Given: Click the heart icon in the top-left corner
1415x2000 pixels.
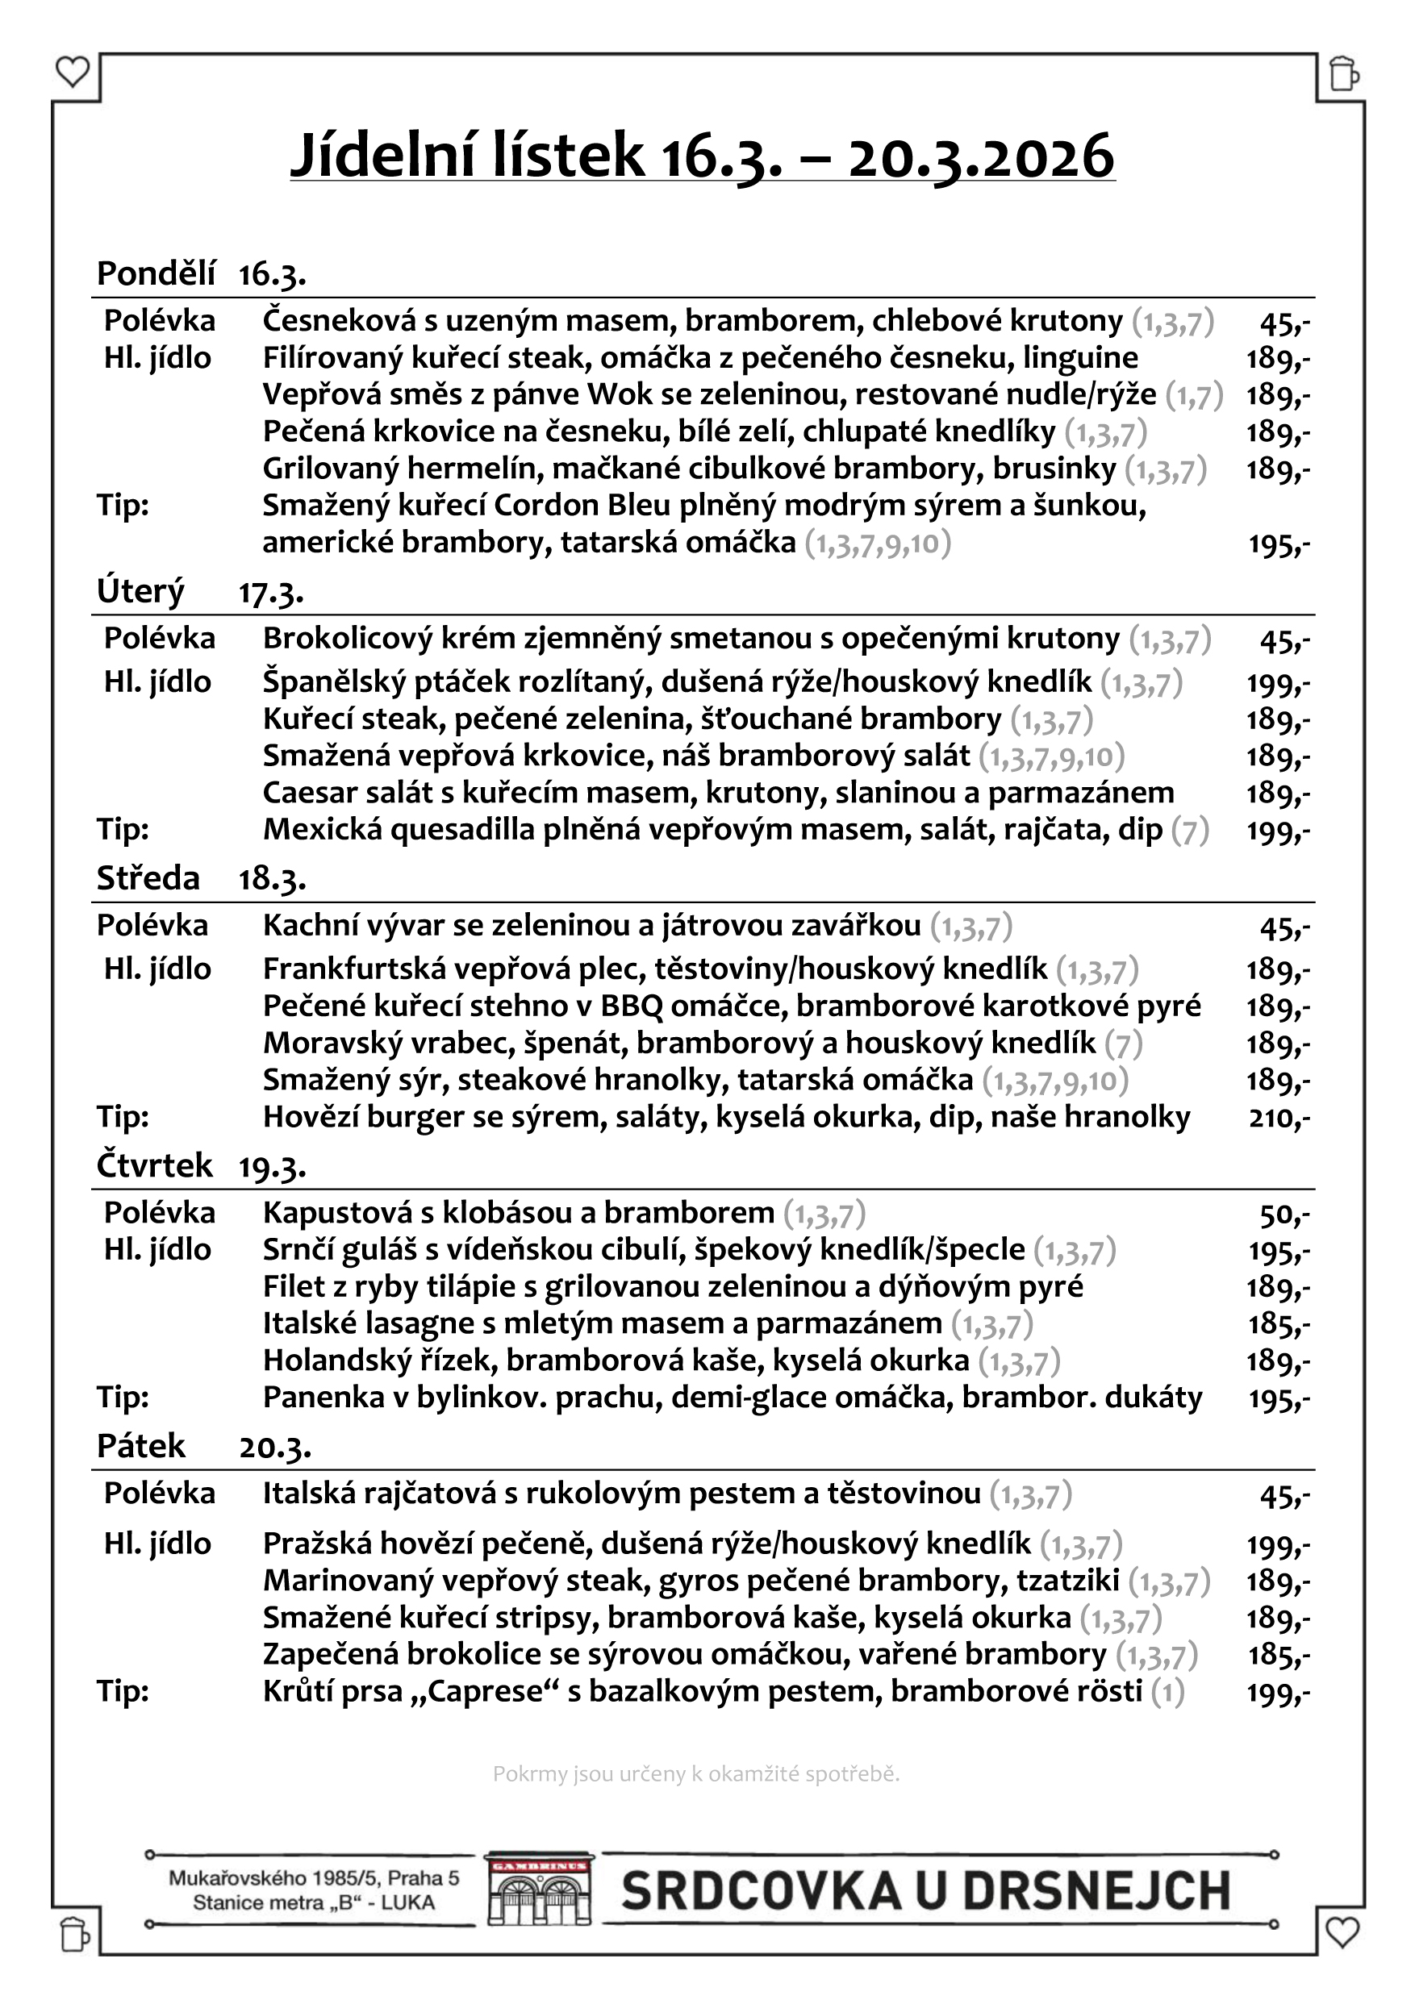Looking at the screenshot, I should (x=73, y=73).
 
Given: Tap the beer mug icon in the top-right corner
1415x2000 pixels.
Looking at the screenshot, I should (x=1343, y=75).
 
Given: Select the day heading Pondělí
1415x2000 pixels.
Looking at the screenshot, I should (x=156, y=273).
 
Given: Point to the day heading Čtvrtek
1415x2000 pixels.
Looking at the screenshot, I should (x=154, y=1165).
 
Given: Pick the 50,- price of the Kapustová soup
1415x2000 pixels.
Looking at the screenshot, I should (x=1284, y=1214).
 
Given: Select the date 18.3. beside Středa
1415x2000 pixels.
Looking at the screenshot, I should (x=272, y=879).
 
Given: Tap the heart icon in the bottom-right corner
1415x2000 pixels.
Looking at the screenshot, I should (x=1342, y=1933).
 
